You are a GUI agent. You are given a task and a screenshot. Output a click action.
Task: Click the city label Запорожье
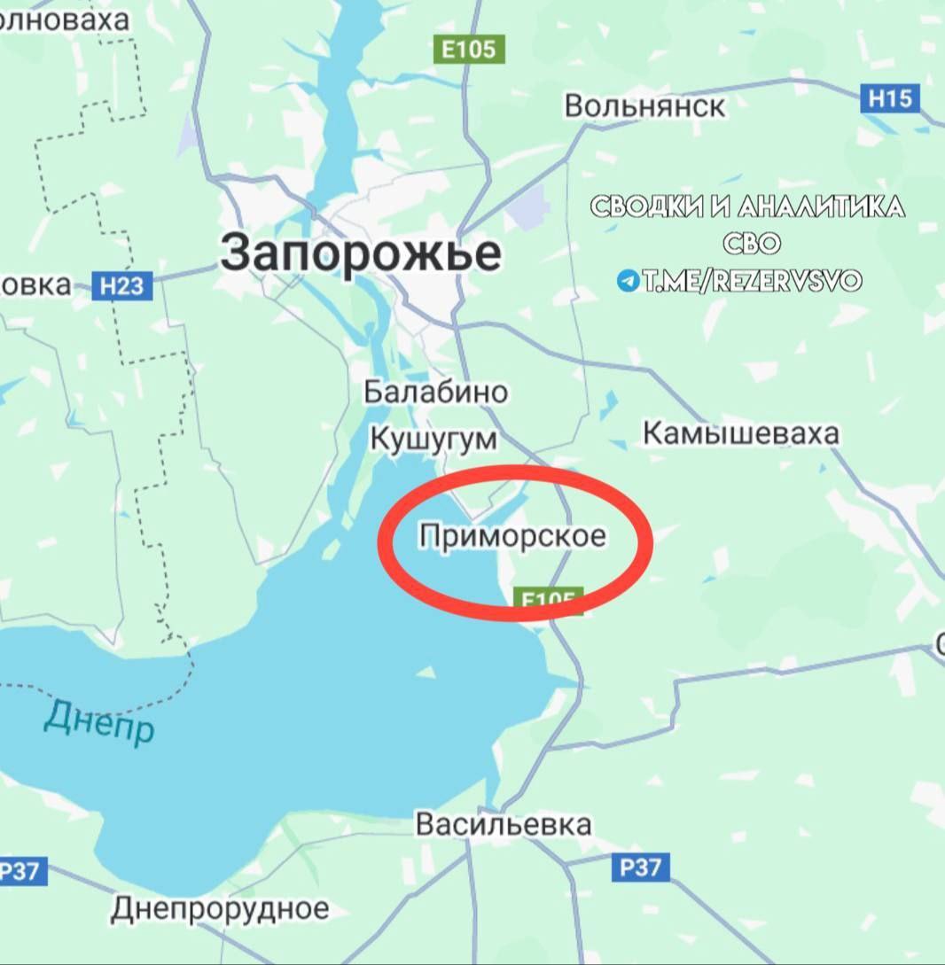coord(361,253)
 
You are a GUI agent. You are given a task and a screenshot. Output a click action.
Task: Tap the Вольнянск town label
coord(644,106)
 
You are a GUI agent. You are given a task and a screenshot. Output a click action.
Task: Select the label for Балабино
coord(436,392)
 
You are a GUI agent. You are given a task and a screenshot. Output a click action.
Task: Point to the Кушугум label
coord(433,438)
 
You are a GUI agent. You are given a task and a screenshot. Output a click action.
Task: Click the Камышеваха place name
coord(740,433)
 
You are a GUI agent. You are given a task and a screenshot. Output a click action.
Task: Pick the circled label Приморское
coord(513,535)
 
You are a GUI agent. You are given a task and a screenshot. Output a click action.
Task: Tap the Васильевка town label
coord(503,824)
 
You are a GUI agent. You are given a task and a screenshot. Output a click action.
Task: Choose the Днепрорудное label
coord(220,907)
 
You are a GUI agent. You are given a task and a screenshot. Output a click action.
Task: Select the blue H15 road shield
coord(890,97)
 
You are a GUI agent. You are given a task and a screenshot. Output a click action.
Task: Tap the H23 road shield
coord(122,286)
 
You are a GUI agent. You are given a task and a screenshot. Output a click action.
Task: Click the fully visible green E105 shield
coord(469,49)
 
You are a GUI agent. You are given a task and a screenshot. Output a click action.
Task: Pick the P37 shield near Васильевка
coord(640,867)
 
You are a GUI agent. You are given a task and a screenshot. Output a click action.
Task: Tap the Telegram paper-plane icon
coord(629,281)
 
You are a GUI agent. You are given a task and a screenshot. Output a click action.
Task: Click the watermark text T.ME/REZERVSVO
coord(752,281)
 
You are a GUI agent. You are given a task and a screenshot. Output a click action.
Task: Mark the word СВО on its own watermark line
coord(751,244)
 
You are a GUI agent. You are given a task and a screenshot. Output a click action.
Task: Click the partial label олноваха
coord(64,19)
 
